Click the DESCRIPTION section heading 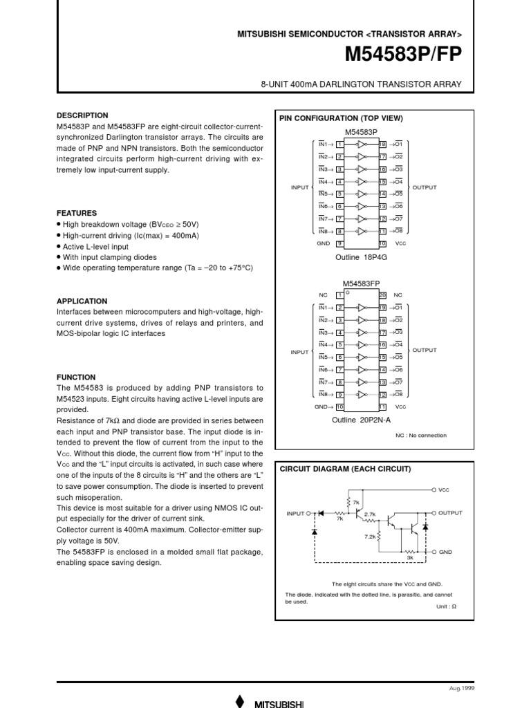pyautogui.click(x=82, y=115)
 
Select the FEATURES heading pyautogui.click(x=76, y=214)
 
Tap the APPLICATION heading pyautogui.click(x=82, y=301)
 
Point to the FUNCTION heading pyautogui.click(x=75, y=378)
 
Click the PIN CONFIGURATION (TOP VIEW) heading pyautogui.click(x=340, y=118)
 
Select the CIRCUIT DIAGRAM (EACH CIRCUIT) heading pyautogui.click(x=344, y=469)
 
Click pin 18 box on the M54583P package pyautogui.click(x=382, y=144)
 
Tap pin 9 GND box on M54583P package pyautogui.click(x=339, y=243)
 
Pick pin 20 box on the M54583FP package pyautogui.click(x=382, y=295)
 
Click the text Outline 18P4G pyautogui.click(x=360, y=257)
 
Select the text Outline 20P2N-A pyautogui.click(x=360, y=420)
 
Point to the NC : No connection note pyautogui.click(x=420, y=436)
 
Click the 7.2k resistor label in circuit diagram pyautogui.click(x=370, y=536)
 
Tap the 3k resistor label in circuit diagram pyautogui.click(x=409, y=557)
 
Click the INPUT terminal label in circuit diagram pyautogui.click(x=295, y=514)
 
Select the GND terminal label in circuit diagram pyautogui.click(x=445, y=552)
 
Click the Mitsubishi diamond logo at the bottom pyautogui.click(x=240, y=700)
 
